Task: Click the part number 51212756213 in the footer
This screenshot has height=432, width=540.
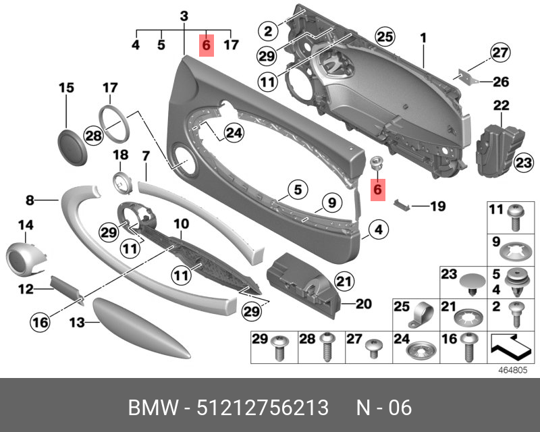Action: (263, 408)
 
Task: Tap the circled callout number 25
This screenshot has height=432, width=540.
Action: (385, 36)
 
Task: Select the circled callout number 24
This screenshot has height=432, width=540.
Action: (234, 132)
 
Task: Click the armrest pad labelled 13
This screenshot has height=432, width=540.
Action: (142, 327)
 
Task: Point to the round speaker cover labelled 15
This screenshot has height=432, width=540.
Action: (72, 147)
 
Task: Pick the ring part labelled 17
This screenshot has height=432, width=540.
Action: (114, 124)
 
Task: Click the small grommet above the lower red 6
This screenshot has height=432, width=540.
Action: (376, 162)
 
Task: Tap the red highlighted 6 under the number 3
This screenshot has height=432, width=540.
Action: (207, 45)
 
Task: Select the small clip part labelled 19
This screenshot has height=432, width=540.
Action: (402, 204)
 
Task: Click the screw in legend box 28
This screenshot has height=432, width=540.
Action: (327, 346)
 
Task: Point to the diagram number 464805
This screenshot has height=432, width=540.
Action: (513, 370)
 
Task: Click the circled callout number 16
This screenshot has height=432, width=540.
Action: (40, 322)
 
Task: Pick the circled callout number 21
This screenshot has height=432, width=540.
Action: (344, 281)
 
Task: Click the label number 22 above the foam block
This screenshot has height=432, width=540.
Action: (501, 105)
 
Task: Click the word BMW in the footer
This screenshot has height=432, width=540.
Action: (154, 408)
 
